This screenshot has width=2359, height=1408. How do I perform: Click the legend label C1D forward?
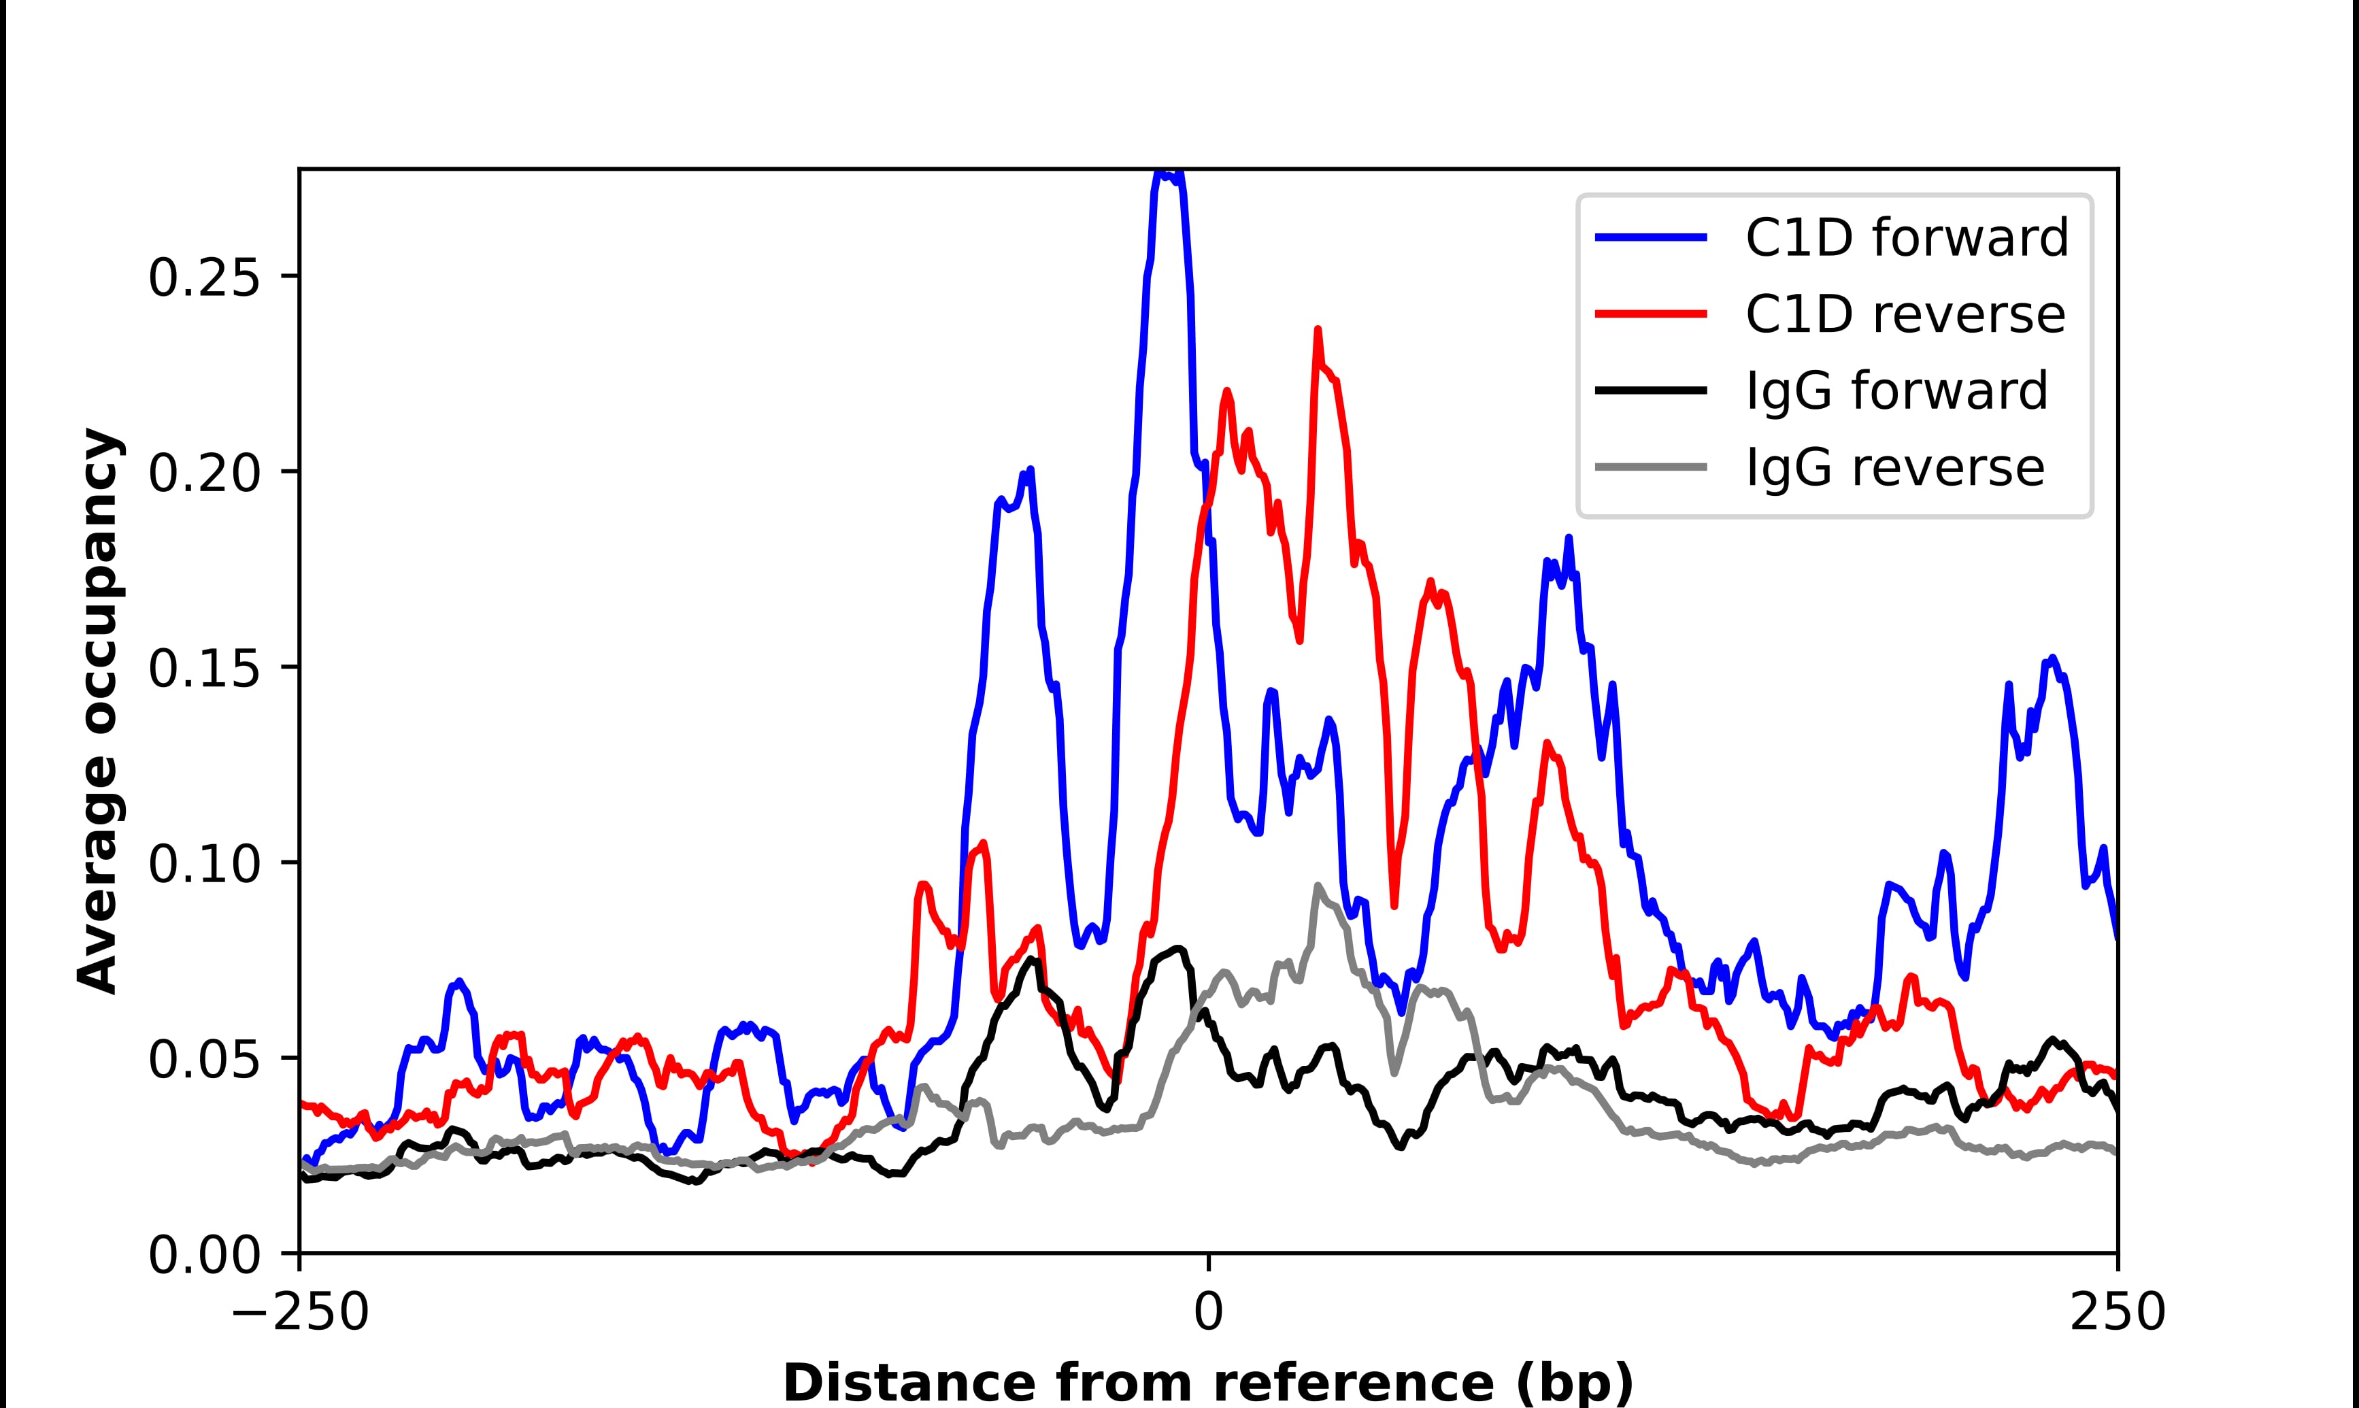point(1907,237)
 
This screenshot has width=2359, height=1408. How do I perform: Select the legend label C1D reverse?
point(1905,314)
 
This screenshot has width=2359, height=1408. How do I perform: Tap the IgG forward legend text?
point(1897,391)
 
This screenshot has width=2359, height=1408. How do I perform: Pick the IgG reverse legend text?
point(1895,468)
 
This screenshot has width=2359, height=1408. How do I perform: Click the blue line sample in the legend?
point(1652,237)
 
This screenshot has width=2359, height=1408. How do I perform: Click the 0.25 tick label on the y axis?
point(204,278)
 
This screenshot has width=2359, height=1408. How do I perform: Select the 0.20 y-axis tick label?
point(204,473)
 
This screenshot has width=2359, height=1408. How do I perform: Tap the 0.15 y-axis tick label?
point(204,669)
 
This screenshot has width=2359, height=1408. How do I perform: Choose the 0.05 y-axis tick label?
point(204,1060)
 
